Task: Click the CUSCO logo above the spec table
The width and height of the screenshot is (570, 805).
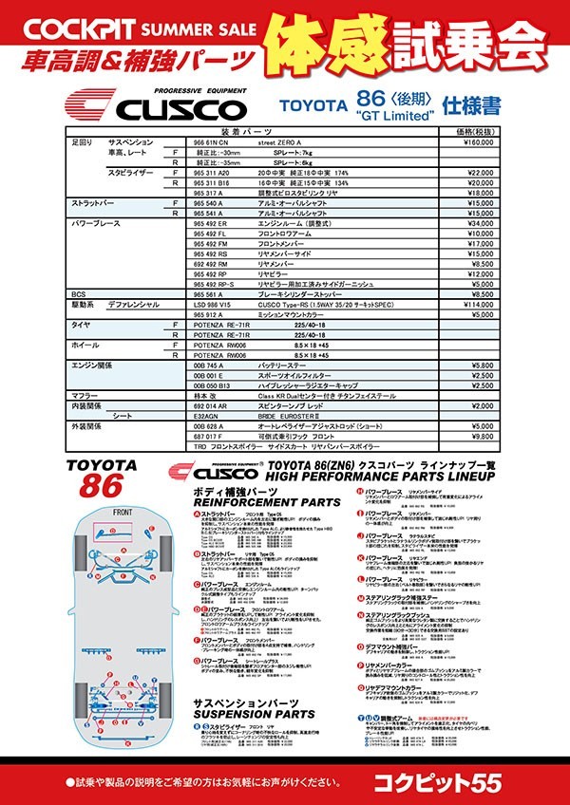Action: [x=158, y=103]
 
